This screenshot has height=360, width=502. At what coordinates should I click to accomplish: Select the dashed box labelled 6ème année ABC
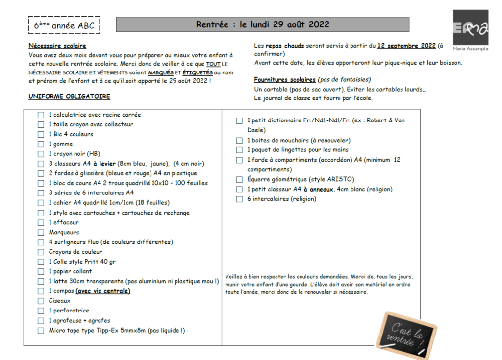[x=64, y=25]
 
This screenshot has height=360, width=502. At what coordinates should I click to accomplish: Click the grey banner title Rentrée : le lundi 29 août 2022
[x=262, y=24]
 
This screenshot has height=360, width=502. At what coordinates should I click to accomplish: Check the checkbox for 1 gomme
[x=41, y=144]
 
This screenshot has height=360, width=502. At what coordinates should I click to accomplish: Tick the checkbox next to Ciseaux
[x=41, y=301]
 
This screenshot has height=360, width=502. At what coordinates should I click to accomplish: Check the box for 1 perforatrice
[x=41, y=311]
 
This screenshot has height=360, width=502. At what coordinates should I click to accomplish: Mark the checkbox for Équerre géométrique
[x=239, y=179]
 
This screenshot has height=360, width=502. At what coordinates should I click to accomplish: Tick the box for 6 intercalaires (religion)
[x=239, y=199]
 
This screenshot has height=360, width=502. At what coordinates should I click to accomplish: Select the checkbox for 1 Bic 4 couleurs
[x=41, y=134]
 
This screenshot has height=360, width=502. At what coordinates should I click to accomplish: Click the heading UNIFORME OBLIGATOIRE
[x=69, y=96]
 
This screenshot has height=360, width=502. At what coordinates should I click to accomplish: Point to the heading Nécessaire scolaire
[x=57, y=46]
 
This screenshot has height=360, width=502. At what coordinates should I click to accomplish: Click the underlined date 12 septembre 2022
[x=406, y=46]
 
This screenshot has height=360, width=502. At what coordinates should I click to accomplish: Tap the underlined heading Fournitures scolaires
[x=284, y=79]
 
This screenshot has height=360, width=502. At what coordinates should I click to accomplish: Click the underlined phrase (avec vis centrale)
[x=103, y=291]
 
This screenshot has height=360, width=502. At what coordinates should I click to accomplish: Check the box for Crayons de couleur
[x=41, y=252]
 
